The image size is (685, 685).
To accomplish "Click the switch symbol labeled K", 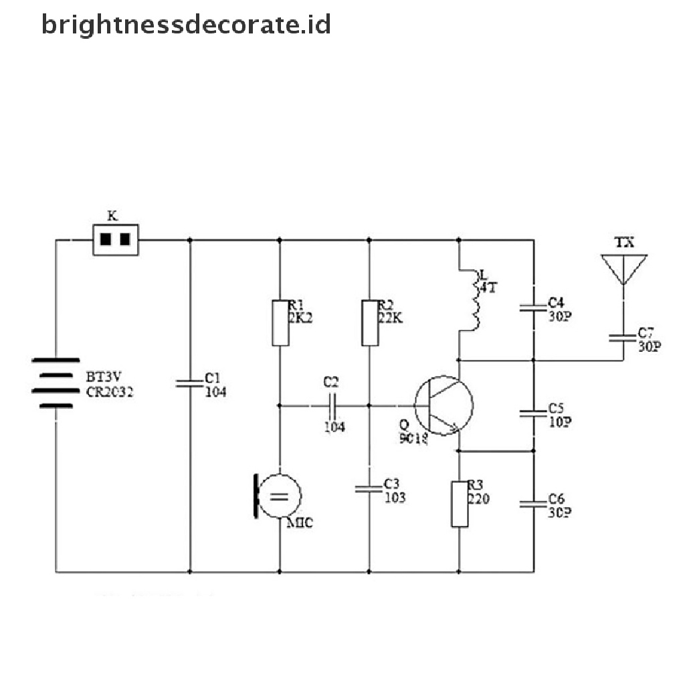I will click(x=114, y=239).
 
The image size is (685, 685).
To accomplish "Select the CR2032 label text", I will click(x=110, y=393).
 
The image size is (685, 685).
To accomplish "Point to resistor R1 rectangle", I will click(x=280, y=323).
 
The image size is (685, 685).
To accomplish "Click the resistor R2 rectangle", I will click(x=369, y=323).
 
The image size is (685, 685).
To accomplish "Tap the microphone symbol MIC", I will click(x=278, y=496).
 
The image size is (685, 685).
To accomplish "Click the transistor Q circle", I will click(x=443, y=405).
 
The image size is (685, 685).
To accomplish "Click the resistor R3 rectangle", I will click(x=460, y=503).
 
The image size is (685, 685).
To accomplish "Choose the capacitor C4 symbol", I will click(x=534, y=308).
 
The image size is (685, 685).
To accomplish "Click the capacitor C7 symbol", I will click(x=623, y=338).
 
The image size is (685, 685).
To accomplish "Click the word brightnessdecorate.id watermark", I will click(x=186, y=25).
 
